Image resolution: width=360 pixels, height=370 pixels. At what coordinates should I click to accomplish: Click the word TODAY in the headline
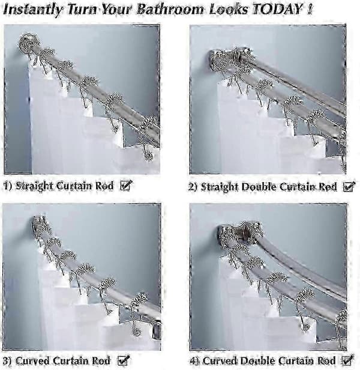[x=277, y=10]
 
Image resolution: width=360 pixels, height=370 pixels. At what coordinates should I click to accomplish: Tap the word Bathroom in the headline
[x=170, y=10]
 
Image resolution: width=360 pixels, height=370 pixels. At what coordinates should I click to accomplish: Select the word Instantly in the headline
[x=33, y=10]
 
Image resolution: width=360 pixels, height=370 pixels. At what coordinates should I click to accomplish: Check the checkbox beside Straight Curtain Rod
[x=126, y=185]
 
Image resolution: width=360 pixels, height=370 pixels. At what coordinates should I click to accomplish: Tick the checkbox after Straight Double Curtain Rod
[x=349, y=187]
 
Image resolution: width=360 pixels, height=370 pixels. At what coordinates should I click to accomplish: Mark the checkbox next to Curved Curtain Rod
[x=124, y=360]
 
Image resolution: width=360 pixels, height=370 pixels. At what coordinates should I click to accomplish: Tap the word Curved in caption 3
[x=32, y=361]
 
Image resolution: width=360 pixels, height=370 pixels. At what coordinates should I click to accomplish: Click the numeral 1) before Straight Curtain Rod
[x=8, y=186]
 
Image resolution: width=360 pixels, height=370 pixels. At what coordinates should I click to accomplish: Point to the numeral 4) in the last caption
[x=195, y=361]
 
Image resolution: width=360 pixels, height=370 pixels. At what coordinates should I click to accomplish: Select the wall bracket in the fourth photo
[x=241, y=235]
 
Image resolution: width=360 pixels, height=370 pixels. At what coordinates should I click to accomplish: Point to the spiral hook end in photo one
[x=149, y=156]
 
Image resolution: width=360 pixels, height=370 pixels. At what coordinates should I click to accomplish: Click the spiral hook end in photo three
[x=136, y=332]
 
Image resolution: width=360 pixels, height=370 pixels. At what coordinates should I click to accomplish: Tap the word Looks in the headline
[x=229, y=10]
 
